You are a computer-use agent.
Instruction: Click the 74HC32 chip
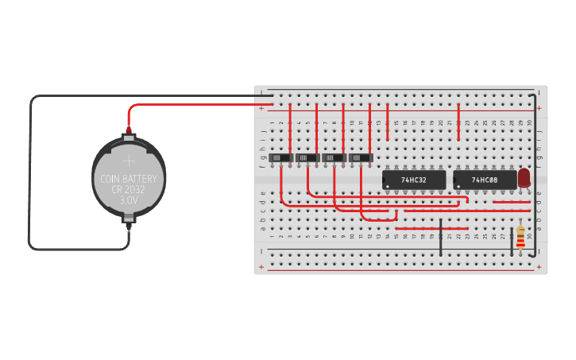[413, 180]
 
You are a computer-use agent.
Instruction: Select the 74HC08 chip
[484, 180]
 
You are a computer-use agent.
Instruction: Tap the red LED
[524, 178]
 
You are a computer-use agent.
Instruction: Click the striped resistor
[520, 238]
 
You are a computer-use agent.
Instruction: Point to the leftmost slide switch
[280, 158]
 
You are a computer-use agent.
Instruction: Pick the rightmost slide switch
[361, 158]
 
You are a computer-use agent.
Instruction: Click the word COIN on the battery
[112, 179]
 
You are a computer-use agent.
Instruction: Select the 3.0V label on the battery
[129, 200]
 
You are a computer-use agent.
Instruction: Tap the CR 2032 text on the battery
[129, 190]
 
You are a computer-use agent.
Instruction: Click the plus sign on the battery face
[129, 162]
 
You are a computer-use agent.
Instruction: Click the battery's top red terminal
[128, 131]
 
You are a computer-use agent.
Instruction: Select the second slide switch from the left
[307, 158]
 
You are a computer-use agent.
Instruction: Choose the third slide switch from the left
[334, 158]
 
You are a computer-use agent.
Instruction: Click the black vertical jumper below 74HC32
[441, 237]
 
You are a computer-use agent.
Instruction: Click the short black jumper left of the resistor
[512, 242]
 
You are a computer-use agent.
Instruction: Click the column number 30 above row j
[529, 122]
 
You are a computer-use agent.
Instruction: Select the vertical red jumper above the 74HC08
[458, 122]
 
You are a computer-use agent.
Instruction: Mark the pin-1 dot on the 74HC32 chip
[387, 188]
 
